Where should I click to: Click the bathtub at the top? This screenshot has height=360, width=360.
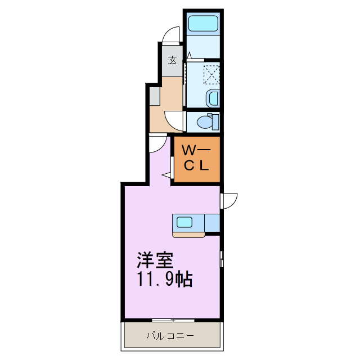pyautogui.click(x=204, y=24)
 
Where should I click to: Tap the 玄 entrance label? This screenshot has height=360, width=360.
pyautogui.click(x=173, y=60)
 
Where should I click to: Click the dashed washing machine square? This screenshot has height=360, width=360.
pyautogui.click(x=211, y=74)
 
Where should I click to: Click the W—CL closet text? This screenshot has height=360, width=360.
pyautogui.click(x=196, y=159)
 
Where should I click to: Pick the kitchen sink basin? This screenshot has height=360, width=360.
pyautogui.click(x=185, y=222)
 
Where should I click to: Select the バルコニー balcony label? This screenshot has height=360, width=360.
pyautogui.click(x=170, y=336)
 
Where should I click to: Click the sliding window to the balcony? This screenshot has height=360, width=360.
pyautogui.click(x=171, y=320)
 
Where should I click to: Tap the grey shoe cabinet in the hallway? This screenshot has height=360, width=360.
pyautogui.click(x=155, y=96)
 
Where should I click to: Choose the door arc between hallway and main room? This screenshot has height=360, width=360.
pyautogui.click(x=158, y=143)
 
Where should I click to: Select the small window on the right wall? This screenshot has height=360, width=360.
pyautogui.click(x=222, y=259)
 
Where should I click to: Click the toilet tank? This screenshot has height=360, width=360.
pyautogui.click(x=215, y=121)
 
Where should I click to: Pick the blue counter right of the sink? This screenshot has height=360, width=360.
pyautogui.click(x=212, y=223)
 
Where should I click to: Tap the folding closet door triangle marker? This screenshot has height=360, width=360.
pyautogui.click(x=166, y=176)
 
